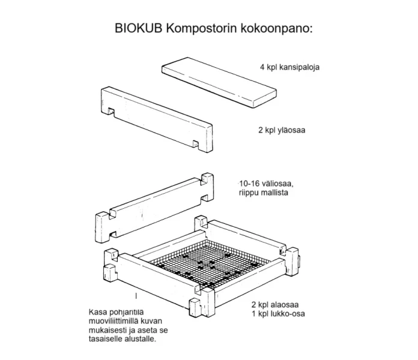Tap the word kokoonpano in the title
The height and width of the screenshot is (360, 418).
click(280, 28)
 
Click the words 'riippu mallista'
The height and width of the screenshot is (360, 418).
click(262, 193)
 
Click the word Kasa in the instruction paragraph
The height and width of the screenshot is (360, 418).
click(98, 312)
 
